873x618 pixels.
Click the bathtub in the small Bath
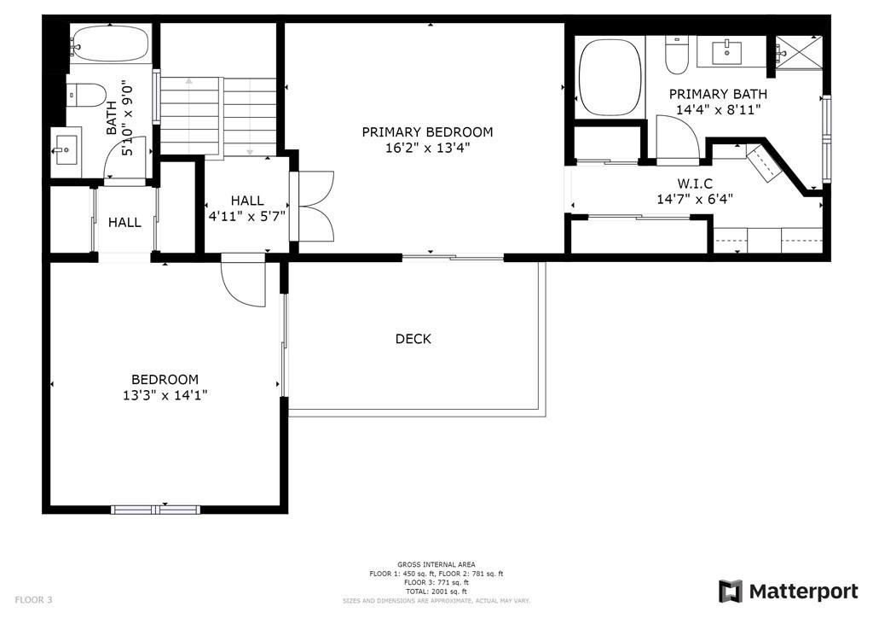tap(110, 42)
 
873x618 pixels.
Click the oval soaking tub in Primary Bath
tap(610, 78)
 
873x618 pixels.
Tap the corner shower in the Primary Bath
tap(796, 54)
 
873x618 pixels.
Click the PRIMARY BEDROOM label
tap(427, 132)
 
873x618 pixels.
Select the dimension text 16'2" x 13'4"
tap(427, 148)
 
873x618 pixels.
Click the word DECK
tap(413, 339)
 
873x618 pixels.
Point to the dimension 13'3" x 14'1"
tap(165, 395)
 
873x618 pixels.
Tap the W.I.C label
tap(695, 184)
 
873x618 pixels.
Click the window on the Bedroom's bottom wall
tap(154, 510)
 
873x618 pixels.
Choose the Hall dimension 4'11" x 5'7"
tap(247, 216)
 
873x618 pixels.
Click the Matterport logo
tap(788, 591)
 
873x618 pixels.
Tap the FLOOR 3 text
tap(34, 600)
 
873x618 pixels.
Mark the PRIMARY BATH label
tap(718, 94)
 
